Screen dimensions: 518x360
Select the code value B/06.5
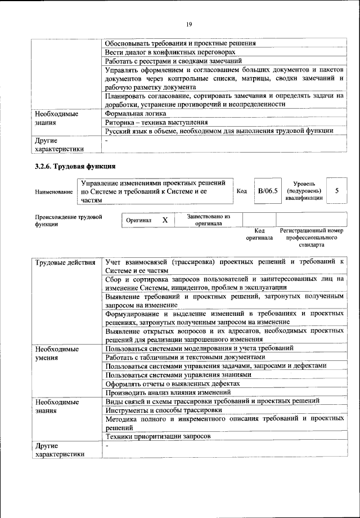pos(268,191)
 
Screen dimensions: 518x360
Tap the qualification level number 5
pos(336,191)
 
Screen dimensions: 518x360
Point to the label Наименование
pos(54,191)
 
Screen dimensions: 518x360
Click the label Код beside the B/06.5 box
pos(242,191)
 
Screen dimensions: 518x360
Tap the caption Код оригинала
pos(259,234)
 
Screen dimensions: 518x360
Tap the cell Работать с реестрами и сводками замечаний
pos(173,60)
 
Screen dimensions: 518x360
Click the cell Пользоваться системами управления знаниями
pos(178,374)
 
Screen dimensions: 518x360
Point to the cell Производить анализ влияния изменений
pos(168,392)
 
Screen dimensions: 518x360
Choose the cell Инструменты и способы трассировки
pos(163,410)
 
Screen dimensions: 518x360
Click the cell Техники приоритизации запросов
pos(158,436)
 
